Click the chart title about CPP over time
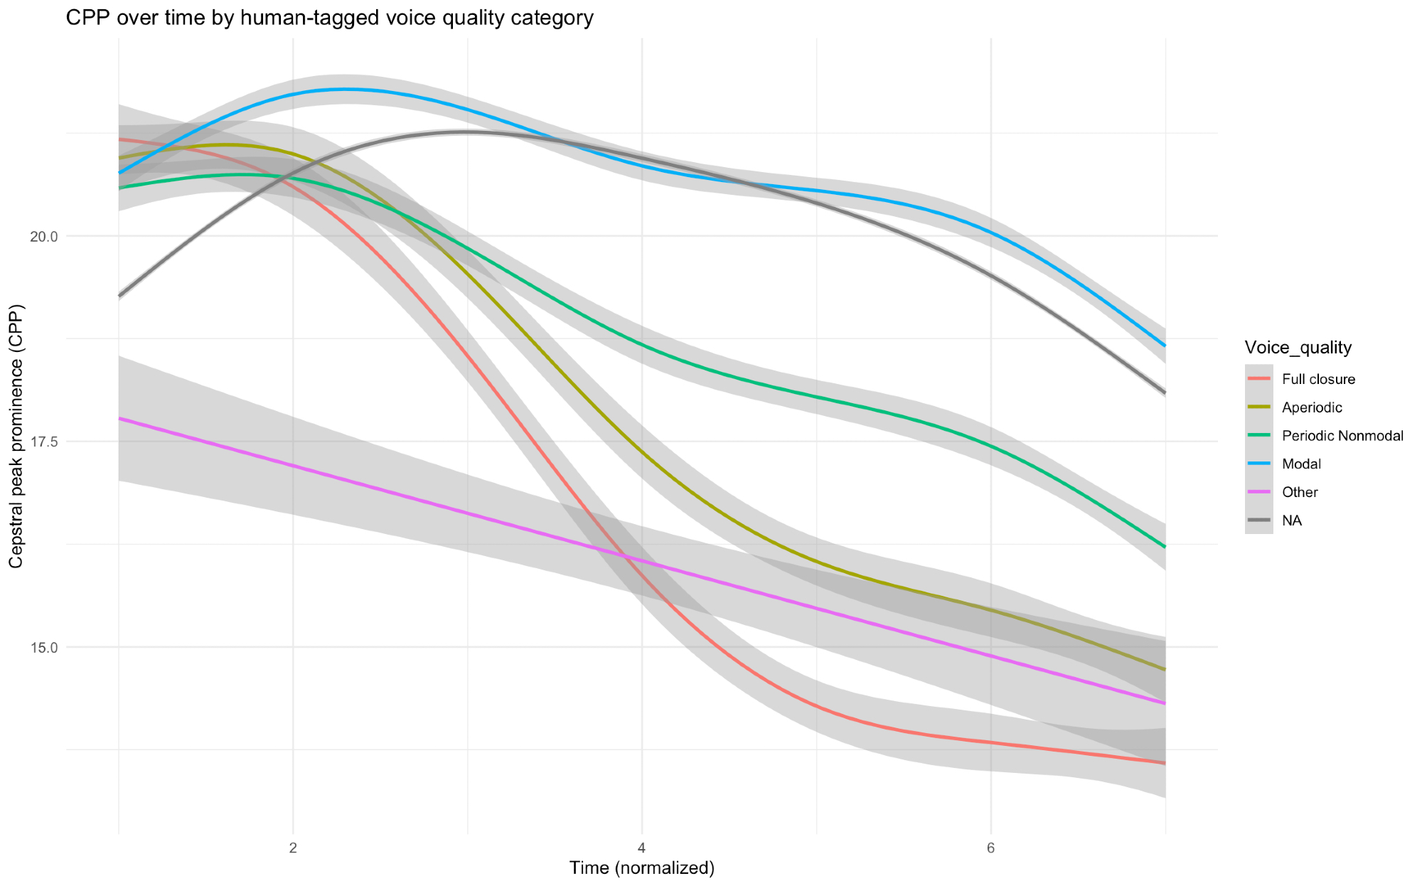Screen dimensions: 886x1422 click(x=329, y=18)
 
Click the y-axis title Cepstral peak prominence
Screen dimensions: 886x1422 click(x=16, y=436)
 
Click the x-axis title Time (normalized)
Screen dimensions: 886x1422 click(x=641, y=868)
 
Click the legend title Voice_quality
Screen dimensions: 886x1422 click(x=1298, y=347)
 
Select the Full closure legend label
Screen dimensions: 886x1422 click(x=1318, y=379)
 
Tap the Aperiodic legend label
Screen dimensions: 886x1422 click(x=1312, y=407)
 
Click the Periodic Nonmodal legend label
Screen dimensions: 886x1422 click(x=1342, y=436)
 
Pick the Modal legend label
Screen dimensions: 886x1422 click(x=1301, y=464)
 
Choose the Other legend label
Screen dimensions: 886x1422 click(x=1300, y=493)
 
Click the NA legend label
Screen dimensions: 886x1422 click(x=1292, y=521)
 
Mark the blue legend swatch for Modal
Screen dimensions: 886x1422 click(x=1259, y=464)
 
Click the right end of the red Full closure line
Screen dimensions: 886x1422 click(x=1165, y=763)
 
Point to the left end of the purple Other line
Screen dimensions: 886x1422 click(x=119, y=418)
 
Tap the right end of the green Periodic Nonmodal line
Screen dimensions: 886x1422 click(x=1165, y=547)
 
